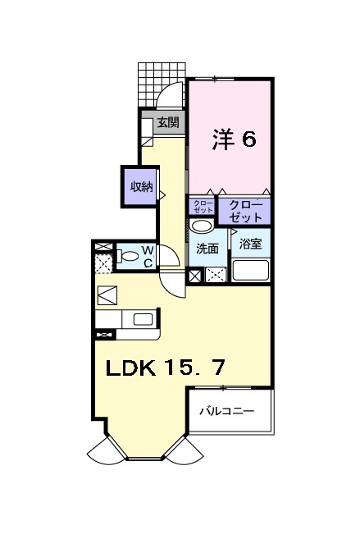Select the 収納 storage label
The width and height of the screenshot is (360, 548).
140,186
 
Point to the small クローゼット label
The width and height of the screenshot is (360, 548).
202,207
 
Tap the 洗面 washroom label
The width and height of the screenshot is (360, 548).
207,248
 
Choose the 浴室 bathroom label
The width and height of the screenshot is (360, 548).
250,244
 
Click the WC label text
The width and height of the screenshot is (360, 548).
148,257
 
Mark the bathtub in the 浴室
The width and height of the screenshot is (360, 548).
251,271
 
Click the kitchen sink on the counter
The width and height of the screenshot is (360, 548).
142,319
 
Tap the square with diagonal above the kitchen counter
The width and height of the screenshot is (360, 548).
107,295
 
